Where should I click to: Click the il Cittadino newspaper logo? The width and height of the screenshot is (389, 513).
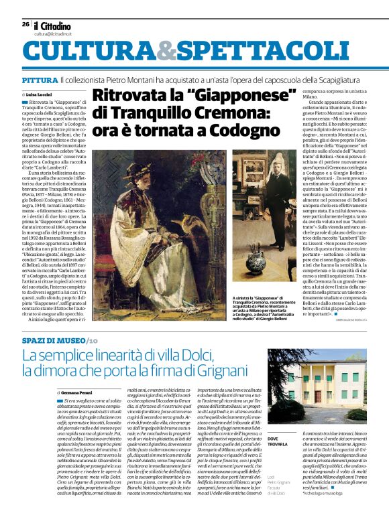(52, 25)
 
